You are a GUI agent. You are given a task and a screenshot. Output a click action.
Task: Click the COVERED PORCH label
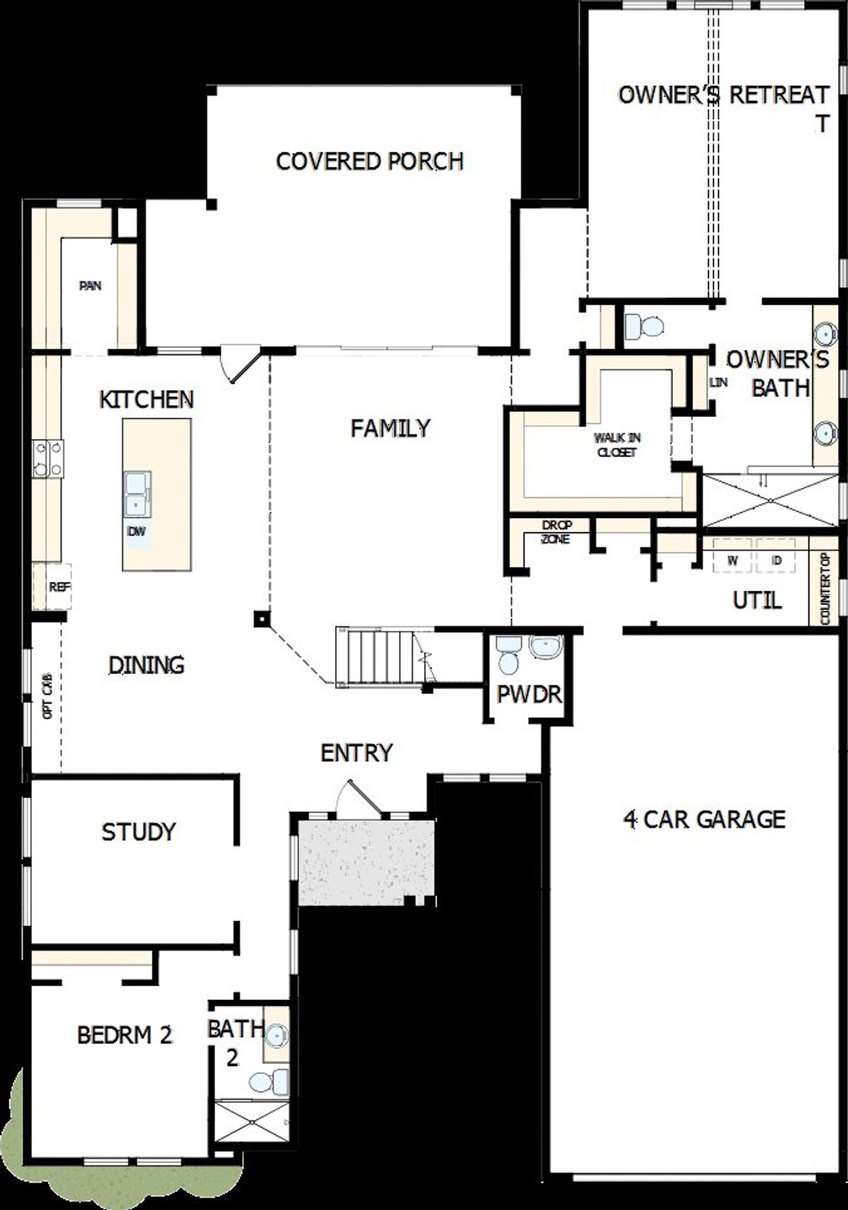point(369,161)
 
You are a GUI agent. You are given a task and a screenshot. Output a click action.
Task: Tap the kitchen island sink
point(136,494)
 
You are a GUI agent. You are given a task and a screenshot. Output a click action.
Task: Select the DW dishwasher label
point(136,531)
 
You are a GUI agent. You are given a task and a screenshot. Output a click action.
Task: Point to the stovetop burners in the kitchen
point(48,459)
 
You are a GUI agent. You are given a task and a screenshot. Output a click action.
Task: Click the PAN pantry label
point(90,286)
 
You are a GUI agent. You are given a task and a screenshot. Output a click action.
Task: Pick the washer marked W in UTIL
point(733,561)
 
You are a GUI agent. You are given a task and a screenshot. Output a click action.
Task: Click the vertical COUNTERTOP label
point(825,589)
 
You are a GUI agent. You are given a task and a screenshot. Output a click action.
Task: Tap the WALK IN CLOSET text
point(617,445)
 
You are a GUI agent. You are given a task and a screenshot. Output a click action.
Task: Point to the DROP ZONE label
point(556,532)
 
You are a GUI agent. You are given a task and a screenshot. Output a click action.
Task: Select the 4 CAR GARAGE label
point(704,819)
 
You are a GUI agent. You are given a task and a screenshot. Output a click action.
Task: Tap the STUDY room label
point(138,832)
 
